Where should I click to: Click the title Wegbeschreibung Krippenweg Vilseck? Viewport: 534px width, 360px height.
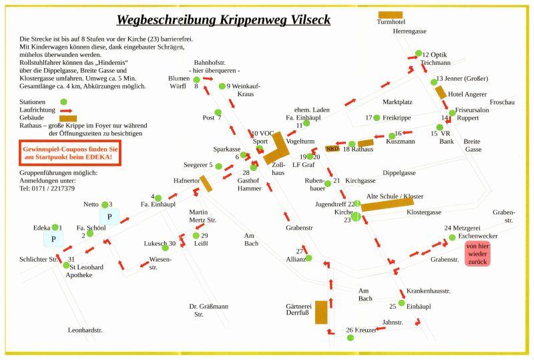[224, 19]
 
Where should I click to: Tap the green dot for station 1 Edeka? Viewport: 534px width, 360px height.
[55, 227]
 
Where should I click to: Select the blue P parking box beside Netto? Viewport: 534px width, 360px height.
[109, 216]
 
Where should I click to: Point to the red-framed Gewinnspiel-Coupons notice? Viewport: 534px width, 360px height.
[69, 154]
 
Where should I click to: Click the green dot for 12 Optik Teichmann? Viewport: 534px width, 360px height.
[419, 53]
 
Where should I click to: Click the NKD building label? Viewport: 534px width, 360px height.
[332, 148]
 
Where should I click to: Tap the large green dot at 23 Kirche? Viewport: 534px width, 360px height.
[356, 216]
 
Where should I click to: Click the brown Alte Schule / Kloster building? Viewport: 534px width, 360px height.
[387, 204]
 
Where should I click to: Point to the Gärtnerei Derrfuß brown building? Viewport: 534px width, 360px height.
[321, 312]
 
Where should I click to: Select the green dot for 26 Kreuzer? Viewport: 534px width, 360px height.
[351, 337]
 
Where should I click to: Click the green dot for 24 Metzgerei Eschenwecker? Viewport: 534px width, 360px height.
[452, 237]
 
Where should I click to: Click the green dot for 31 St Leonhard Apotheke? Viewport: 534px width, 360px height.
[66, 265]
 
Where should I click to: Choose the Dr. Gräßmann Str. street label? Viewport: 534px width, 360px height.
[208, 310]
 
